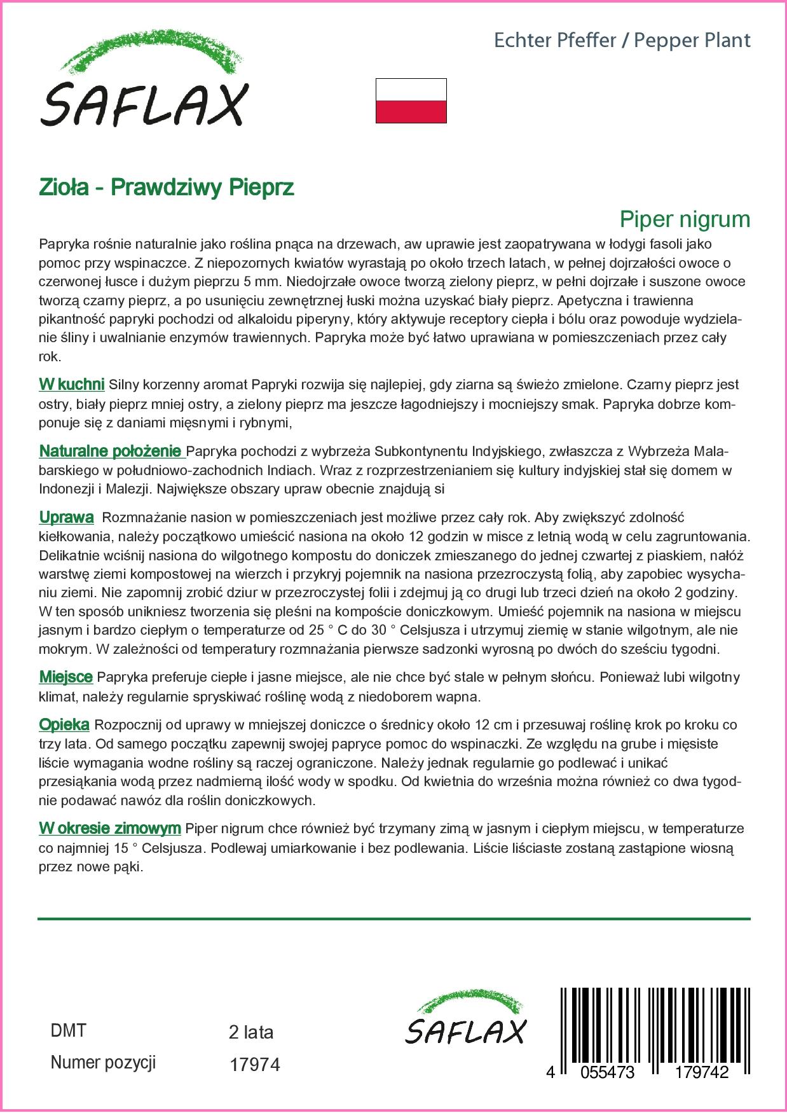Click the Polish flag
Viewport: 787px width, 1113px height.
411,100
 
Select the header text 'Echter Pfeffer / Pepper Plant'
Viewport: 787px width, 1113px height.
622,41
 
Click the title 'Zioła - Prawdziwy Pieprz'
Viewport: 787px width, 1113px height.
167,188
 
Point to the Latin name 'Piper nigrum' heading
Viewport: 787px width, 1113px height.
685,219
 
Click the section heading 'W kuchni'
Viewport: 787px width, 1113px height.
72,384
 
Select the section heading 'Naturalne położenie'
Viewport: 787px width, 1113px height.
111,452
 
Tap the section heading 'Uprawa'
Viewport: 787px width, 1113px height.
67,517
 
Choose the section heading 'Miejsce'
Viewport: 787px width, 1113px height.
66,677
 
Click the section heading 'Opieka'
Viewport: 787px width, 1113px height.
64,724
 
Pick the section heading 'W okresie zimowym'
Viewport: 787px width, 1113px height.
110,829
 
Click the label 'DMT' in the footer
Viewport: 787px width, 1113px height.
68,1030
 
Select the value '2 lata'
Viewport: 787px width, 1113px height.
251,1032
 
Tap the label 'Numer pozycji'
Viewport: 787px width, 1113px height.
103,1062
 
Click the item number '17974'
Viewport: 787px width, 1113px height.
254,1064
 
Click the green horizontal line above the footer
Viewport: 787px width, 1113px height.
394,919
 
